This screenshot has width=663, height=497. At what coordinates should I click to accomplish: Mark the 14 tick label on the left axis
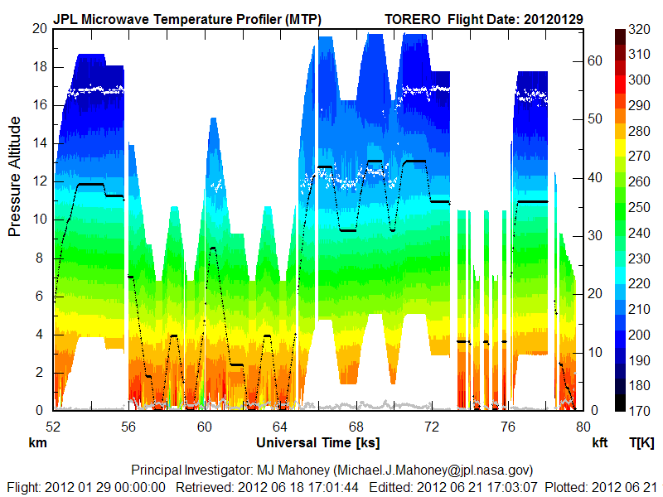(38, 142)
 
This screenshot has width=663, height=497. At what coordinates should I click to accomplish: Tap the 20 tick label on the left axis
(38, 28)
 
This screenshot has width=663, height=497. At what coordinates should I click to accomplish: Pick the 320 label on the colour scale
(639, 29)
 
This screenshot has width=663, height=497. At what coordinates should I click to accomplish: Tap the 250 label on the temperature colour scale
(639, 207)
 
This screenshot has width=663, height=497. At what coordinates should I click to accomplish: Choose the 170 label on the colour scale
(639, 409)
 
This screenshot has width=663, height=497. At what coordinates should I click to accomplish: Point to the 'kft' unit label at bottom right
(600, 443)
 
